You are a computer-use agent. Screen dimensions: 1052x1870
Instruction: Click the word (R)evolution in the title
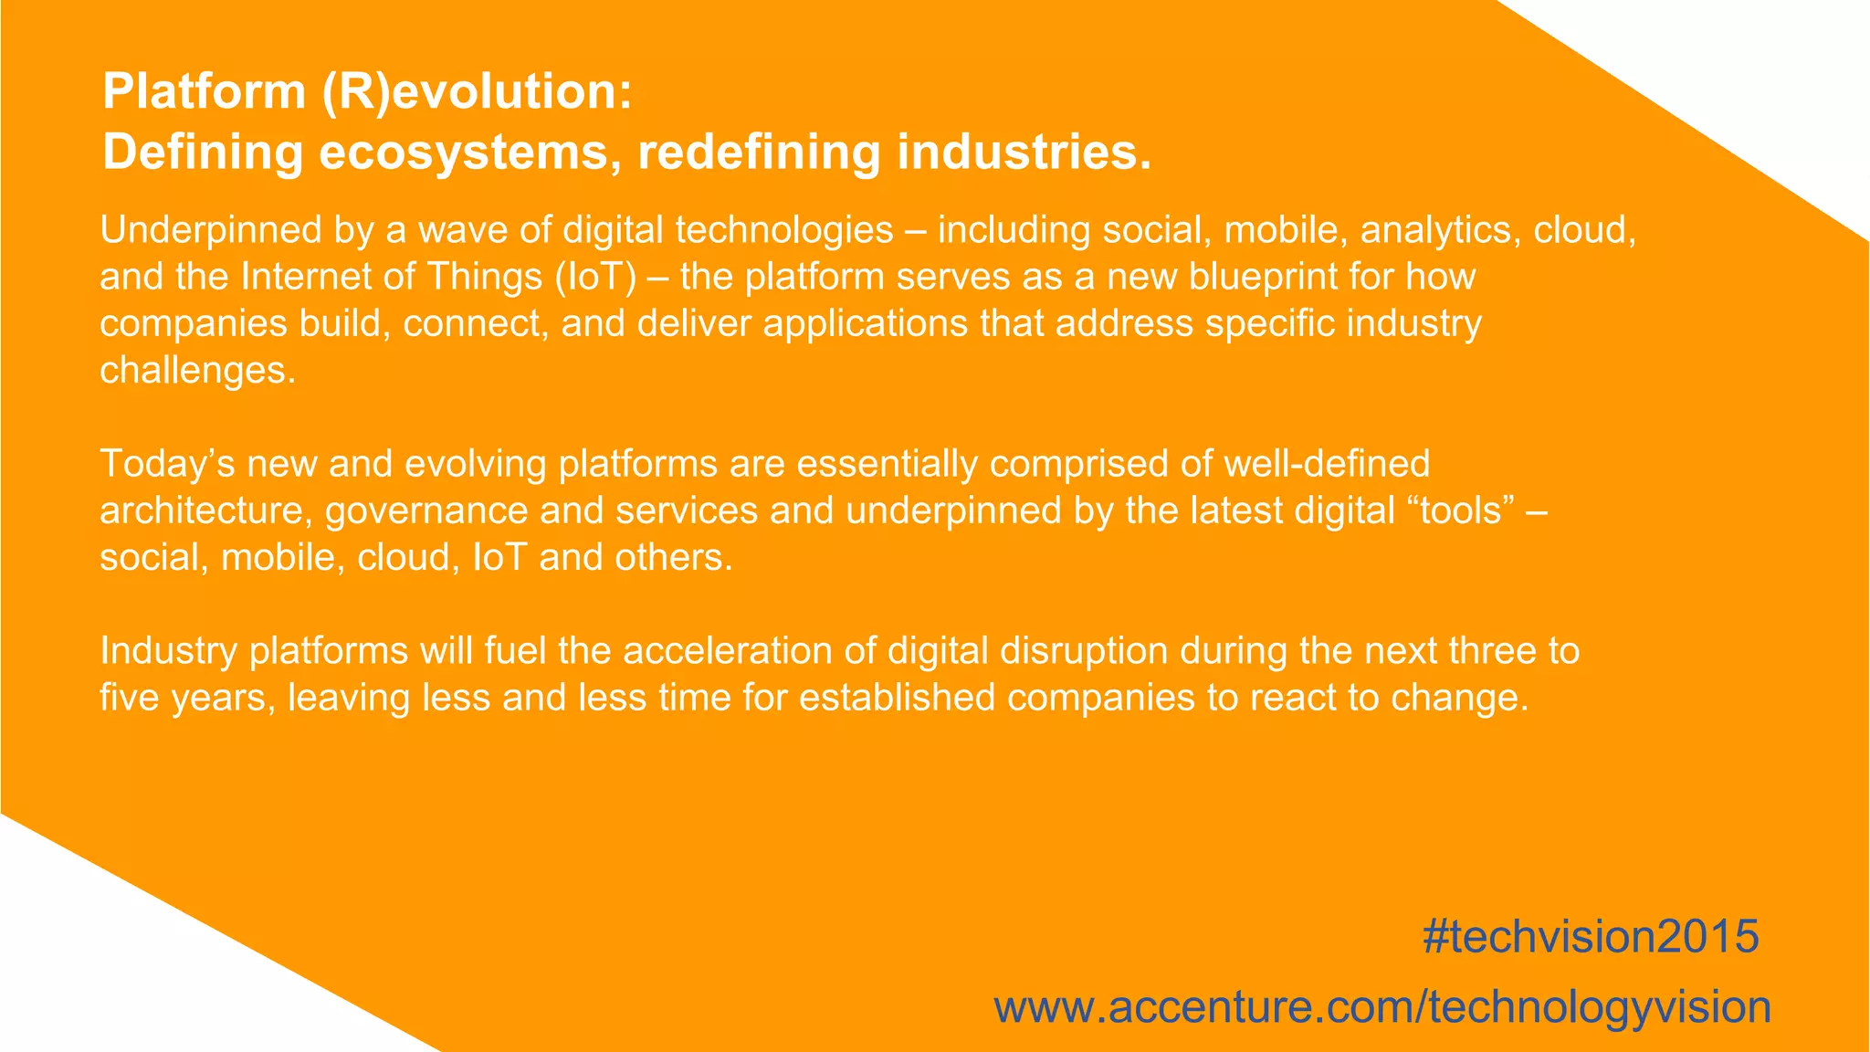point(476,92)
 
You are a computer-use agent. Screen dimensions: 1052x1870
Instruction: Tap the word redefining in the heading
point(759,152)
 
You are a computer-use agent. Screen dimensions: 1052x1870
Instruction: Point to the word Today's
point(168,464)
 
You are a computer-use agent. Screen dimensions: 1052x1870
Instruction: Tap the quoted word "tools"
point(1460,510)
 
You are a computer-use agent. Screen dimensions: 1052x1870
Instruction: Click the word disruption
point(1083,651)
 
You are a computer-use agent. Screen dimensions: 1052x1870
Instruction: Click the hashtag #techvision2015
point(1591,937)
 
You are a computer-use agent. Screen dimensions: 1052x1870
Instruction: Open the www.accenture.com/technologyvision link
point(1382,1007)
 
